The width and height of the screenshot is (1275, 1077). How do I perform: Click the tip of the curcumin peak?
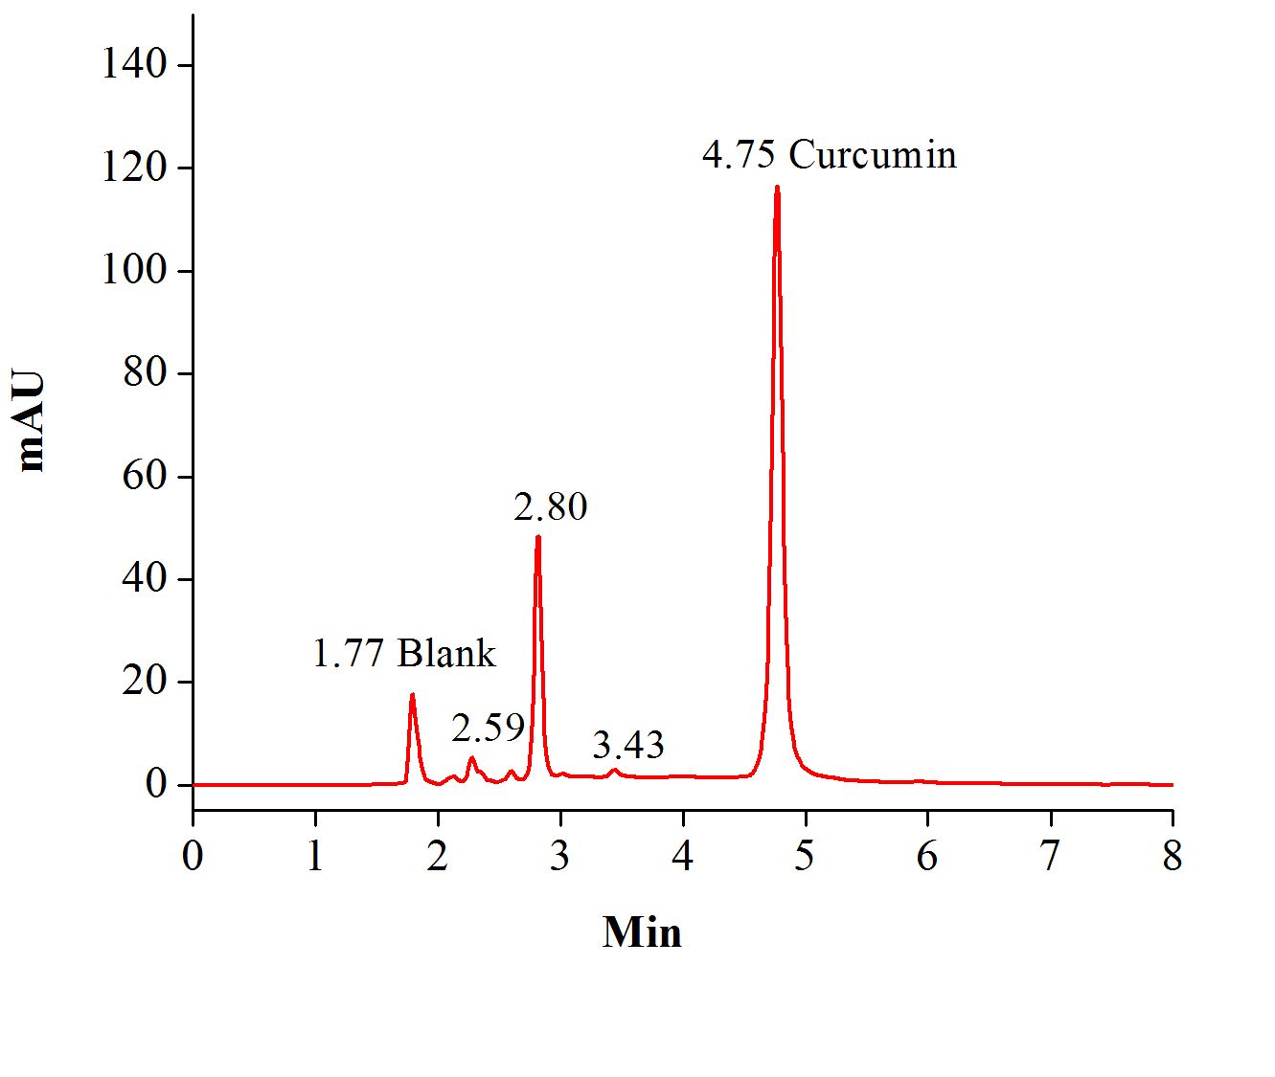[x=777, y=188]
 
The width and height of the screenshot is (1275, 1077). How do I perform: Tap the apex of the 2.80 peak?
[x=538, y=537]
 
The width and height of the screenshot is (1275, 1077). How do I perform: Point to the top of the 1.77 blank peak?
[x=412, y=695]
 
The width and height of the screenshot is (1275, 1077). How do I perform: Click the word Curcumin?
[x=872, y=154]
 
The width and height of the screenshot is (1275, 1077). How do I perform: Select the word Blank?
[x=446, y=653]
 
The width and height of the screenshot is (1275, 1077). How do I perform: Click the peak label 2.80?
[x=551, y=506]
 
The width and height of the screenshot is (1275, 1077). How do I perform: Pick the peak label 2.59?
[x=489, y=729]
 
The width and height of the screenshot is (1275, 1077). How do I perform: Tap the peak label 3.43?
[x=628, y=745]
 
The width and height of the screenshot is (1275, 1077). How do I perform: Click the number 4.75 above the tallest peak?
[x=739, y=154]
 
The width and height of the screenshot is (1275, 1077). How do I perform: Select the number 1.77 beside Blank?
[x=349, y=653]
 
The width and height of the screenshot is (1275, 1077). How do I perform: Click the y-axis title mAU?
[x=31, y=420]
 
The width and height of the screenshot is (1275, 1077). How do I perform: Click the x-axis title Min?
[x=642, y=931]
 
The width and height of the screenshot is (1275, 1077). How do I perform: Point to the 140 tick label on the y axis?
[x=134, y=64]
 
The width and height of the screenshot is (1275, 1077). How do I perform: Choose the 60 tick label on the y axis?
[x=145, y=475]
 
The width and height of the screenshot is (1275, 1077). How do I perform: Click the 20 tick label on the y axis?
[x=145, y=681]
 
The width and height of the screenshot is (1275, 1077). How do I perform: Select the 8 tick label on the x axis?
[x=1173, y=856]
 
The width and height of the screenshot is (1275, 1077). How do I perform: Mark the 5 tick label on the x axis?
[x=805, y=856]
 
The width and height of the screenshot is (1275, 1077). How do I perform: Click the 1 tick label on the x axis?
[x=315, y=856]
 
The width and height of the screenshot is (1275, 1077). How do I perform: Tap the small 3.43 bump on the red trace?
[x=615, y=770]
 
